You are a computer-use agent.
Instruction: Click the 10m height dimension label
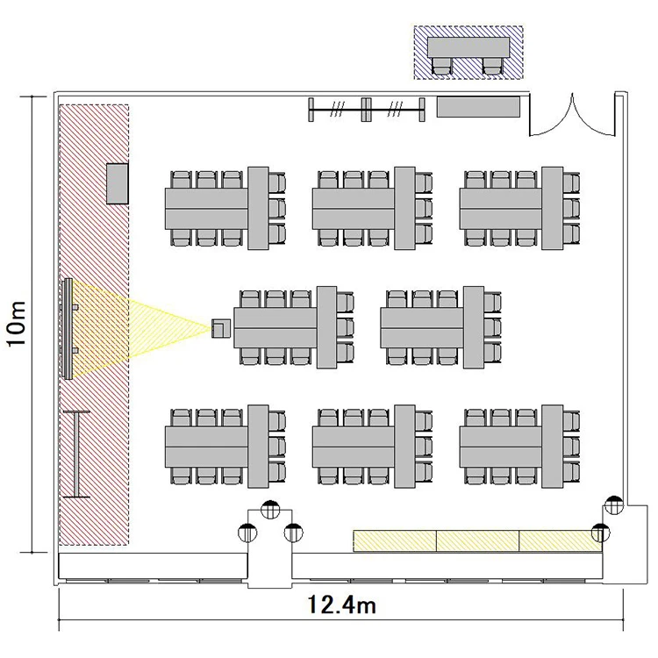click(x=17, y=323)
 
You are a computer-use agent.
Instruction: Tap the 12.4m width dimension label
click(x=341, y=605)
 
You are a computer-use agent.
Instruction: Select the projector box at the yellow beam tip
click(x=221, y=329)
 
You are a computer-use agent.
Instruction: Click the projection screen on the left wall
click(x=68, y=329)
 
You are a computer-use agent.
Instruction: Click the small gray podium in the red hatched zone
click(x=117, y=184)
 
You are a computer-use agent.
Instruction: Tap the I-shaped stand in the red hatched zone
click(x=77, y=454)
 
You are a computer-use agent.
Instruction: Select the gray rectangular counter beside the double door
click(x=478, y=107)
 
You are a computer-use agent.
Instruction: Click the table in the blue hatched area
click(x=468, y=47)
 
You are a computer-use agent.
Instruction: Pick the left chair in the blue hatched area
click(x=442, y=67)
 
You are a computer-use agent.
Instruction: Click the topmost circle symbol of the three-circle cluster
click(x=270, y=510)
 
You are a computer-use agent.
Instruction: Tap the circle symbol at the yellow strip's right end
click(x=600, y=533)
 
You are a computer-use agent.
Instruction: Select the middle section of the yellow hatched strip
click(x=478, y=541)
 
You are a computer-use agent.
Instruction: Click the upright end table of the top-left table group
click(x=258, y=208)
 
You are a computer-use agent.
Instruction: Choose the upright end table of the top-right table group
click(x=552, y=208)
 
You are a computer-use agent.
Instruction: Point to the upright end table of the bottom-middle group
click(x=405, y=447)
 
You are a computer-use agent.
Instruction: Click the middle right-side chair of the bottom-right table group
click(x=571, y=447)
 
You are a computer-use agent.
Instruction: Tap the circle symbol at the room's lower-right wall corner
click(x=614, y=505)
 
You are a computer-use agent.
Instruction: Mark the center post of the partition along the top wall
click(x=366, y=110)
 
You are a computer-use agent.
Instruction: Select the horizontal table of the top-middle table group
click(x=354, y=209)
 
